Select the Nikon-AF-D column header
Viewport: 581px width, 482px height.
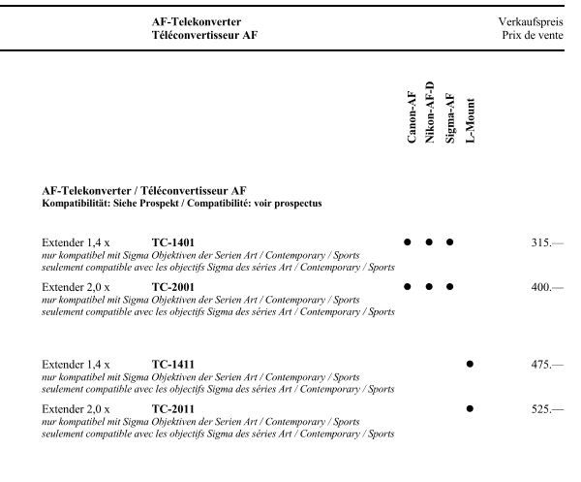point(430,113)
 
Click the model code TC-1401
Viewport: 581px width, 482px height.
point(173,241)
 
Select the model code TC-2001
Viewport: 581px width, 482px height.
point(173,287)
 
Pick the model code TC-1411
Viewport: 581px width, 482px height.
point(173,365)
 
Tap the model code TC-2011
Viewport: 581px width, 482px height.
point(173,409)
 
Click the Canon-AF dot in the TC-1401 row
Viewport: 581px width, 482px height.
point(408,241)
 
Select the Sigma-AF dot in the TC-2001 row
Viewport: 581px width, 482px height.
point(449,286)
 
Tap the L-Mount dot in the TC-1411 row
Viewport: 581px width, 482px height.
point(470,364)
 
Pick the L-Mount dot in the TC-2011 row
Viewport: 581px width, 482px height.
point(470,409)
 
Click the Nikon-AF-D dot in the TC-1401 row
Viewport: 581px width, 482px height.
point(429,241)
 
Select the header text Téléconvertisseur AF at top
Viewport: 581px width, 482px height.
point(204,34)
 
